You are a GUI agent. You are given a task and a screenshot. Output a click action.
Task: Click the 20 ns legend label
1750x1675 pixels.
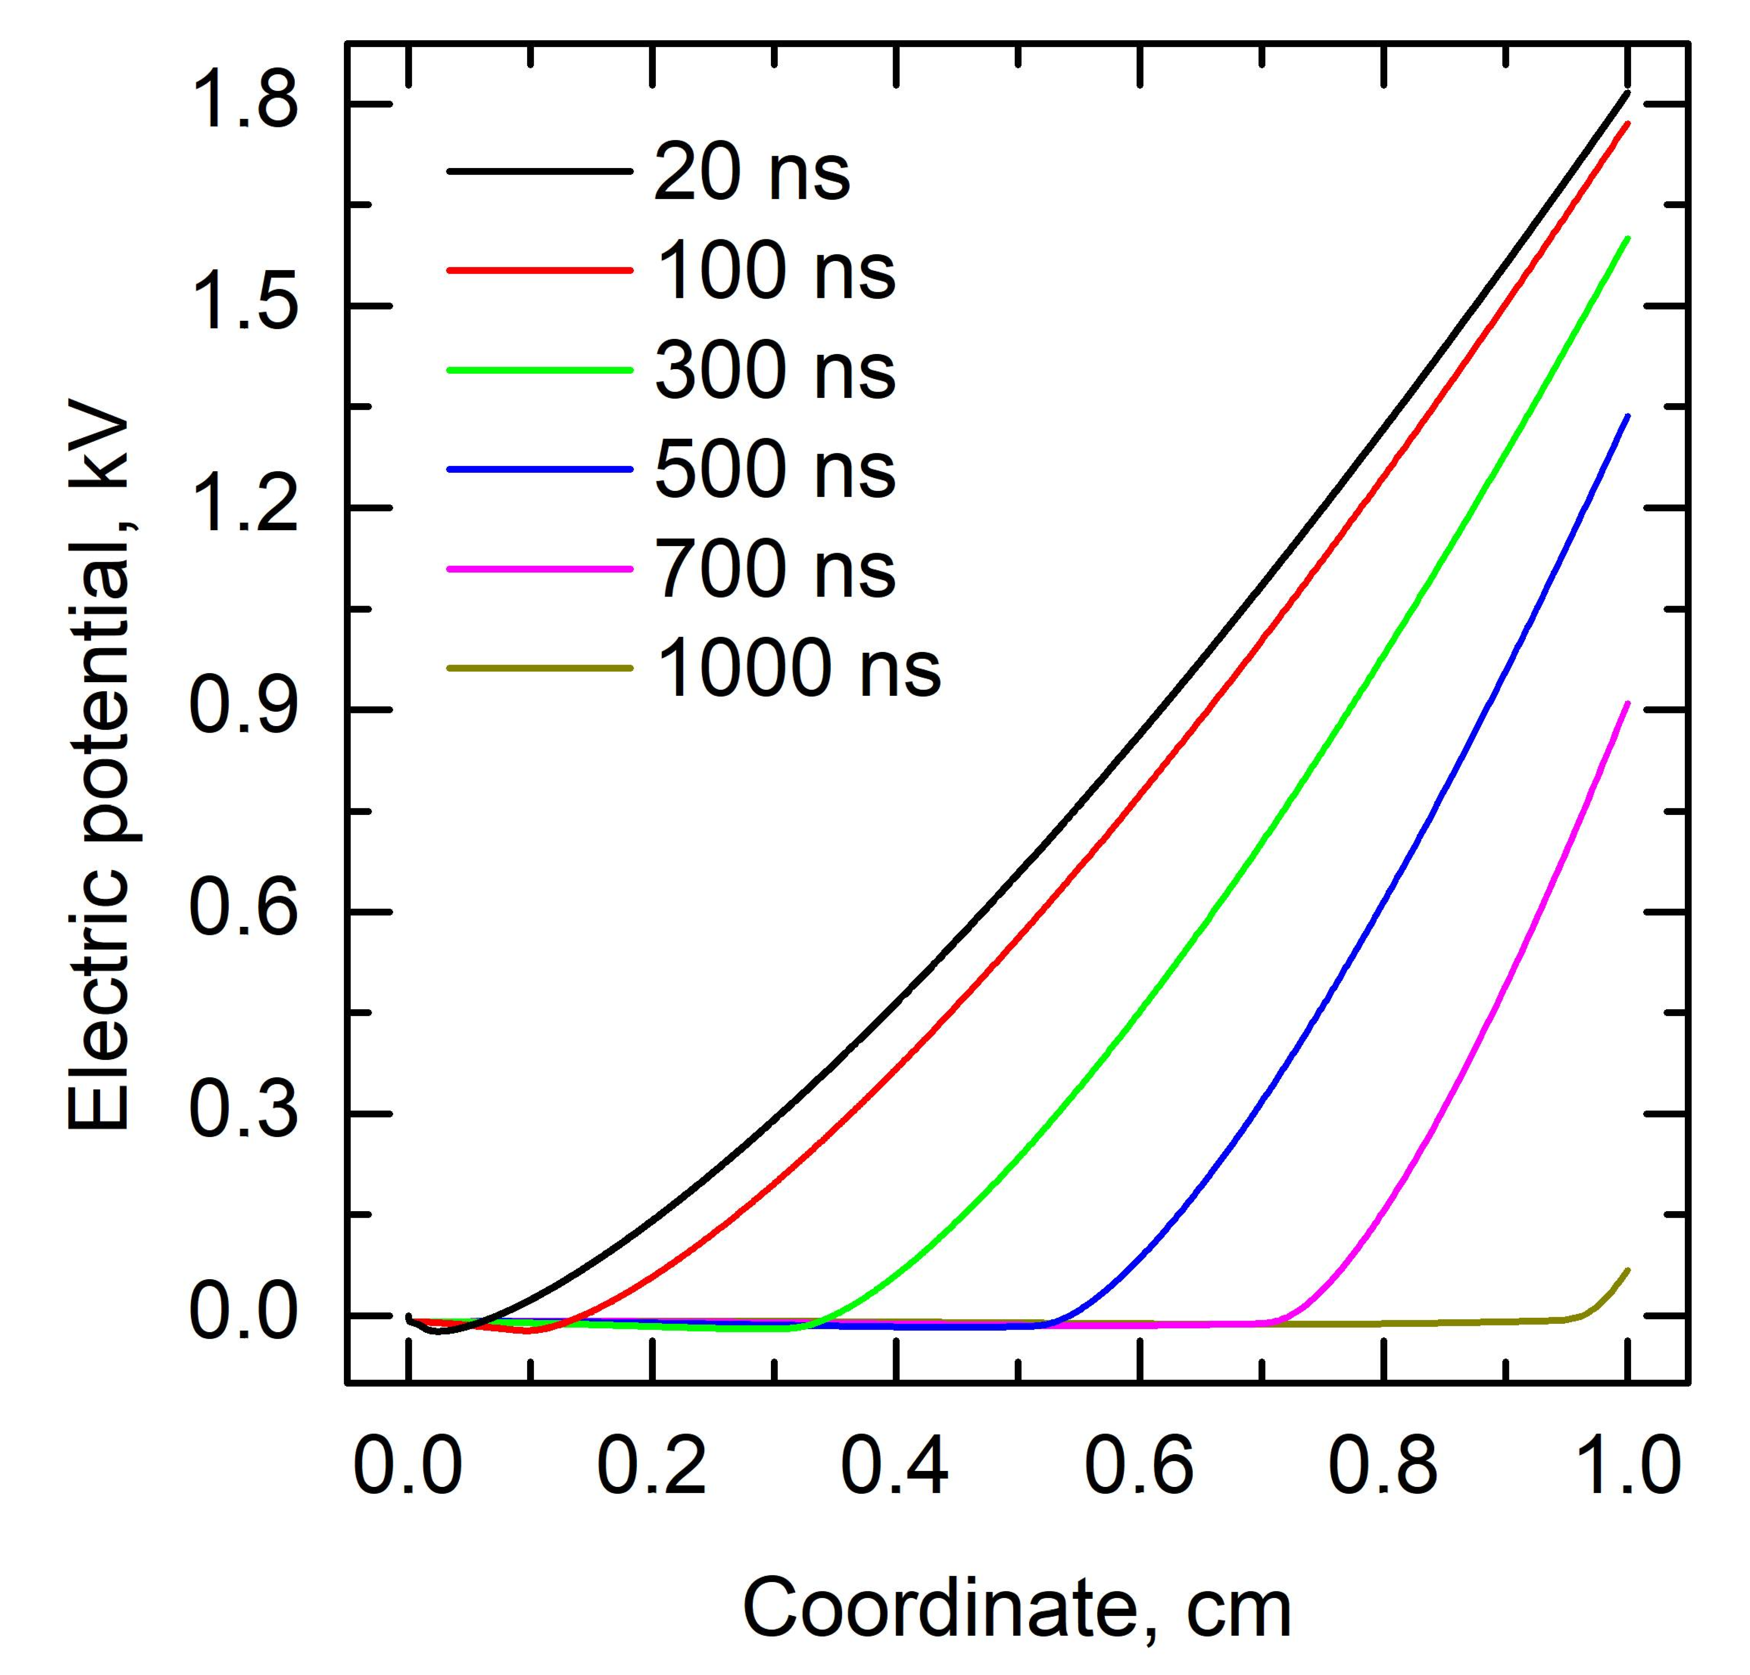752,173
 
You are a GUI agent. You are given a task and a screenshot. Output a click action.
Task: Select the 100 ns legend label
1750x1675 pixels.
775,272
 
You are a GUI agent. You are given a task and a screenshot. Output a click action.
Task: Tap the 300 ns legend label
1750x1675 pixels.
775,372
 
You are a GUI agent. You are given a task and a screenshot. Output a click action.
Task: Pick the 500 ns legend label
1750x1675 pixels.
775,470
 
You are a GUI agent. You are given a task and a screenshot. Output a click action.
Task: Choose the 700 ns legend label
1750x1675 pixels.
775,570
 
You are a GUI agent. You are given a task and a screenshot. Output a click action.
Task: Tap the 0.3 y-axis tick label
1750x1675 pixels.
243,1114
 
